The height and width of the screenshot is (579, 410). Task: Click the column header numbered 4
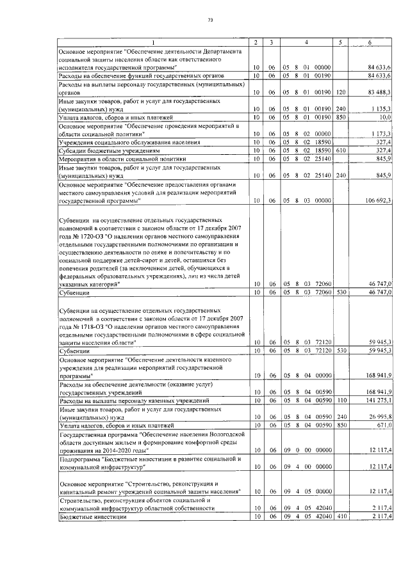306,42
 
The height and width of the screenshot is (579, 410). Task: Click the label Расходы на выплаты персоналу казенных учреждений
129,401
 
